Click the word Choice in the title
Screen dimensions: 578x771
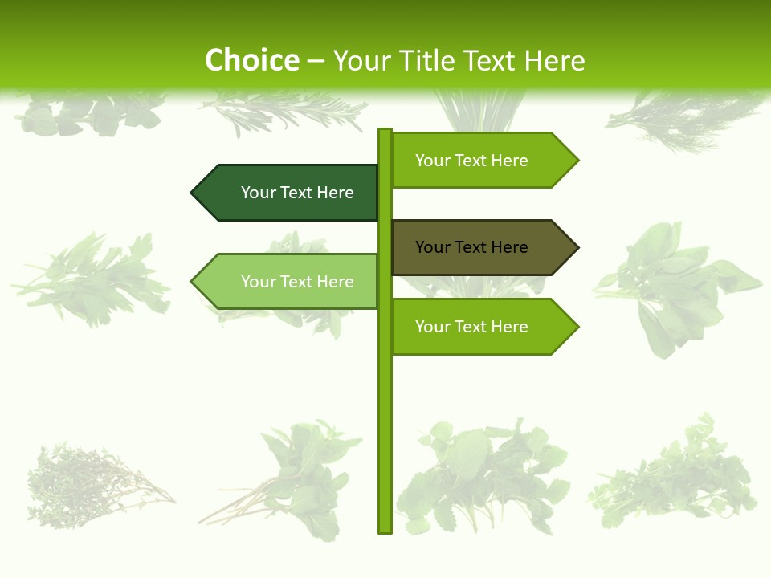251,61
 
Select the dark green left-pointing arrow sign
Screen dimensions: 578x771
289,193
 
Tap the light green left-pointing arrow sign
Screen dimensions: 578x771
289,282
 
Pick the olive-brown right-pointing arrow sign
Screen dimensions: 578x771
478,247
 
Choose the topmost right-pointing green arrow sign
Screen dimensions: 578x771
478,161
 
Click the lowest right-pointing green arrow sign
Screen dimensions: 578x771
478,327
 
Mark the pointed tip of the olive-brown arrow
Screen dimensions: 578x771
577,247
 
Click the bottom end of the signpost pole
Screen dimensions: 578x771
385,531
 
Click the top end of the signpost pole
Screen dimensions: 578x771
385,131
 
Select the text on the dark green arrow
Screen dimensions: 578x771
297,193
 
